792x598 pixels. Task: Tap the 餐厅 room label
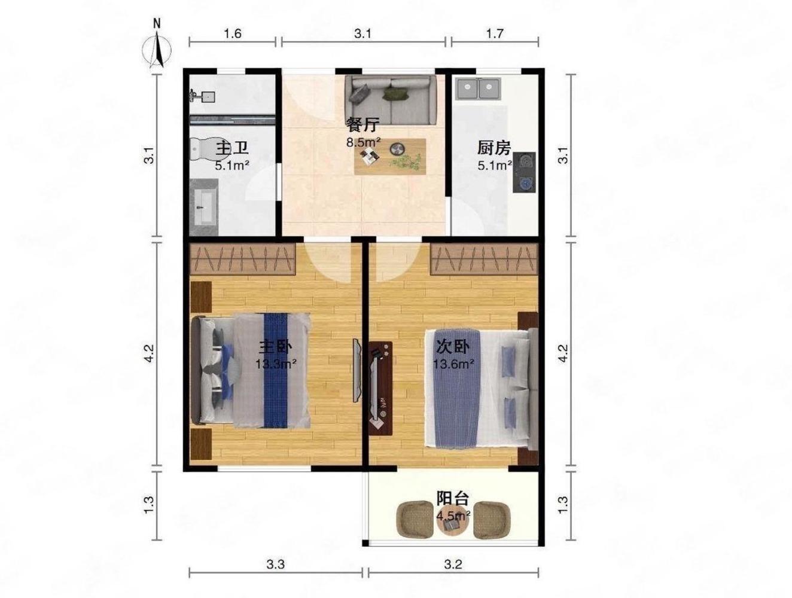pyautogui.click(x=363, y=125)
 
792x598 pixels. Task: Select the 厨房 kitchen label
pyautogui.click(x=494, y=148)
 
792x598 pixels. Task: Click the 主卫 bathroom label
pyautogui.click(x=232, y=148)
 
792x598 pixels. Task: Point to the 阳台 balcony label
pyautogui.click(x=452, y=499)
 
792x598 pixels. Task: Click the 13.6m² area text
pyautogui.click(x=453, y=364)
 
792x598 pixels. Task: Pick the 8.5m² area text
pyautogui.click(x=363, y=142)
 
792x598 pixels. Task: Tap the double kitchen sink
pyautogui.click(x=478, y=89)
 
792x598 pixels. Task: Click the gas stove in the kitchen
pyautogui.click(x=524, y=172)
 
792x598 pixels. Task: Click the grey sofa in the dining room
pyautogui.click(x=391, y=100)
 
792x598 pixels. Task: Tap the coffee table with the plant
pyautogui.click(x=389, y=157)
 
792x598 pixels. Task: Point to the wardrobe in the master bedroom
pyautogui.click(x=242, y=258)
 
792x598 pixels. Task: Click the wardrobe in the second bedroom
pyautogui.click(x=484, y=258)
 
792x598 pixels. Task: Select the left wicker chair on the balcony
pyautogui.click(x=415, y=520)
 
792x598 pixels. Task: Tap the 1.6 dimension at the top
pyautogui.click(x=232, y=33)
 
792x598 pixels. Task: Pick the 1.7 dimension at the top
pyautogui.click(x=494, y=33)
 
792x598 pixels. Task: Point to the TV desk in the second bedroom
pyautogui.click(x=380, y=389)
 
